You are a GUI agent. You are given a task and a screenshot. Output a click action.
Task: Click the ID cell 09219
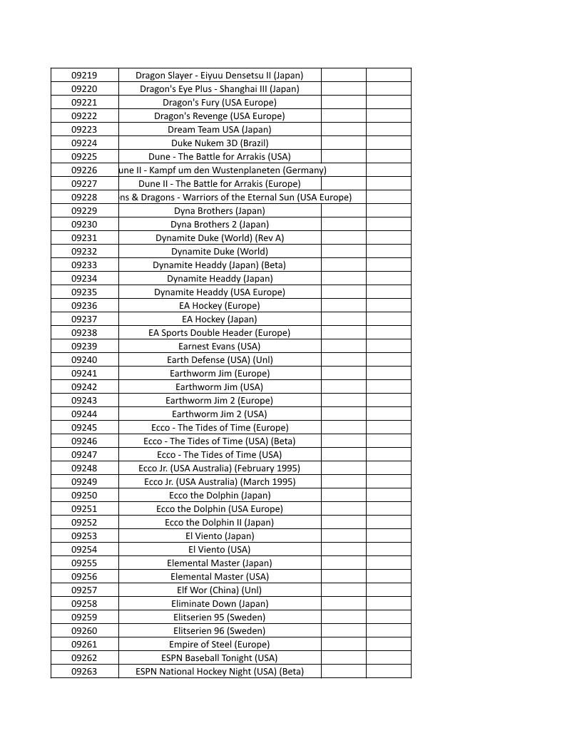tap(84, 75)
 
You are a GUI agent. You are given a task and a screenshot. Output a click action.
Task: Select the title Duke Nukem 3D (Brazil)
tap(220, 143)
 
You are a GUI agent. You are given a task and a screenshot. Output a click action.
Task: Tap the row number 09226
tap(84, 170)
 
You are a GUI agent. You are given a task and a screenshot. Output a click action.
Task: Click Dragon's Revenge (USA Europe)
tap(220, 116)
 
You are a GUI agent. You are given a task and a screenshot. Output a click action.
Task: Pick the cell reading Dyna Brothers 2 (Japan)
tap(220, 224)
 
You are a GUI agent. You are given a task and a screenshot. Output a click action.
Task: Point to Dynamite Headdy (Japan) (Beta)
tap(220, 265)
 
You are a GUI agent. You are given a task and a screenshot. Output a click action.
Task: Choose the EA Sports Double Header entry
tap(220, 332)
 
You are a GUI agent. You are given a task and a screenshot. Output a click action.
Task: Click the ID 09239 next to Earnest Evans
tap(84, 346)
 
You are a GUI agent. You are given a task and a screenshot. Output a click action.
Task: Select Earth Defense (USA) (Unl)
tap(220, 359)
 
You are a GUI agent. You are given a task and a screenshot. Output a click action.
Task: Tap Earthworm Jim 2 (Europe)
tap(220, 400)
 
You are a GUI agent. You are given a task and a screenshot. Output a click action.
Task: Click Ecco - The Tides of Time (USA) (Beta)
tap(220, 441)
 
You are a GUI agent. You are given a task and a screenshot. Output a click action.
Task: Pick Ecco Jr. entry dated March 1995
tap(220, 481)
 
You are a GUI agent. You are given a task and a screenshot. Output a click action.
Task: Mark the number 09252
tap(84, 522)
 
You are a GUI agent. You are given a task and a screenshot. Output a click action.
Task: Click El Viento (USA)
tap(220, 549)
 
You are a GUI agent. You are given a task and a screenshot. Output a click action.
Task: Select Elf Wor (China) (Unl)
tap(220, 590)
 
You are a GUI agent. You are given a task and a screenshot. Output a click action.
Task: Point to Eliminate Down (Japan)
tap(220, 603)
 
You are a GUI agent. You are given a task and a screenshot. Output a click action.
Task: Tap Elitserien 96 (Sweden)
tap(220, 630)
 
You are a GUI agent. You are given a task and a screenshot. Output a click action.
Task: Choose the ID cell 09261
tap(84, 644)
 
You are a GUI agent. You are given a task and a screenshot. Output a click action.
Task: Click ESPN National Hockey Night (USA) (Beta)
tap(220, 671)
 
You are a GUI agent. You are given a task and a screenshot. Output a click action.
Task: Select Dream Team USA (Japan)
tap(220, 129)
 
